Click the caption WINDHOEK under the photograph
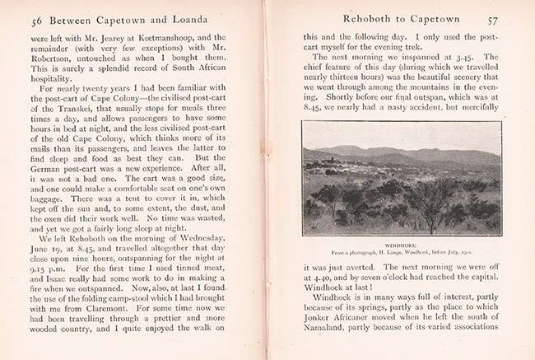click(x=402, y=243)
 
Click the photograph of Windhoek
click(x=402, y=179)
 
